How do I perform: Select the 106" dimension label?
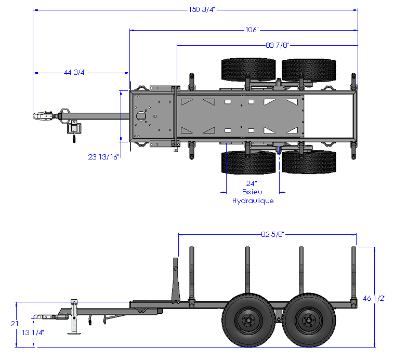[x=251, y=30]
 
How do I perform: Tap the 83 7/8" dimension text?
[x=278, y=45]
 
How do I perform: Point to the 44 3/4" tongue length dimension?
[x=75, y=72]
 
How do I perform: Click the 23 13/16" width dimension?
[x=104, y=156]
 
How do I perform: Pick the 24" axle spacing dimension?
[x=252, y=183]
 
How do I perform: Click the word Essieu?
[x=252, y=192]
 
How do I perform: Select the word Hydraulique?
[x=252, y=201]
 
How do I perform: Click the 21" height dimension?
[x=16, y=323]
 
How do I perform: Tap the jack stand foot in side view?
[x=75, y=333]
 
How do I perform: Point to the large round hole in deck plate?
[x=140, y=116]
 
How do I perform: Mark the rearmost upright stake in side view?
[x=354, y=273]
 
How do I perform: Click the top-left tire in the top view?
[x=248, y=69]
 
